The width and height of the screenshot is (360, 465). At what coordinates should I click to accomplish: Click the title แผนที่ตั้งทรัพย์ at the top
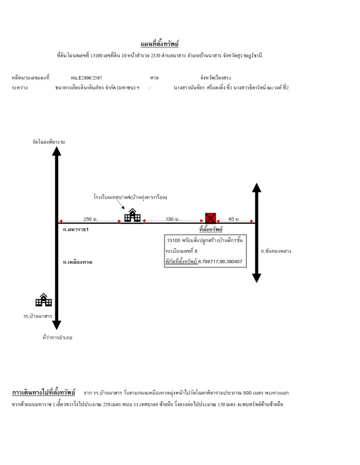159,44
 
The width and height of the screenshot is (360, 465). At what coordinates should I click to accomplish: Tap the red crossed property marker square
211,219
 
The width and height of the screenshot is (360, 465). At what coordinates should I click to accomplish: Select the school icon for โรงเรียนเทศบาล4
133,216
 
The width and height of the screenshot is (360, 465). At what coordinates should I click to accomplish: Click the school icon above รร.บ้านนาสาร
44,300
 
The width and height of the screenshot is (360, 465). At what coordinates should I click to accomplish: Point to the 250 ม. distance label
90,219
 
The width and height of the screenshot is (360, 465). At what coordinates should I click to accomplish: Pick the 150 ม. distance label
173,219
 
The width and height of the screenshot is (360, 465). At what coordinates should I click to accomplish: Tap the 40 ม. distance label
233,219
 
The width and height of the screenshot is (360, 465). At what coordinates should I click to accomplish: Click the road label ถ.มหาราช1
76,230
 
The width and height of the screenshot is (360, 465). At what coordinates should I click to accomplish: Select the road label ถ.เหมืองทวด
78,262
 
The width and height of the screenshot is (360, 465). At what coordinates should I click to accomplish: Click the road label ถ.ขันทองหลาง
276,251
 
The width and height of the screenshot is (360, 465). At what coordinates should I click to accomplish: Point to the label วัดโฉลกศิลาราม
48,142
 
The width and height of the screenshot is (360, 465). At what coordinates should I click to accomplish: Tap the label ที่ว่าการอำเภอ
58,337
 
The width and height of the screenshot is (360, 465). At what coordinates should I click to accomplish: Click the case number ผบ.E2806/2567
87,77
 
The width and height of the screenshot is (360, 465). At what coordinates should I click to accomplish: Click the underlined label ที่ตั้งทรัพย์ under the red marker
211,230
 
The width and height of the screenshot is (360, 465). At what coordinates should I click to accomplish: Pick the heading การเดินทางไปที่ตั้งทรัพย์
44,392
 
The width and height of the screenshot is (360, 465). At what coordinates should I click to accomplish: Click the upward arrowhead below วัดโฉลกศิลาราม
56,151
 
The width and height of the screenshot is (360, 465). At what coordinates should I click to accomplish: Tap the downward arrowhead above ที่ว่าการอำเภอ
56,325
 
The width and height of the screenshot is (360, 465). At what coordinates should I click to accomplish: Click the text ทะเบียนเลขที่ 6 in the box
181,251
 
